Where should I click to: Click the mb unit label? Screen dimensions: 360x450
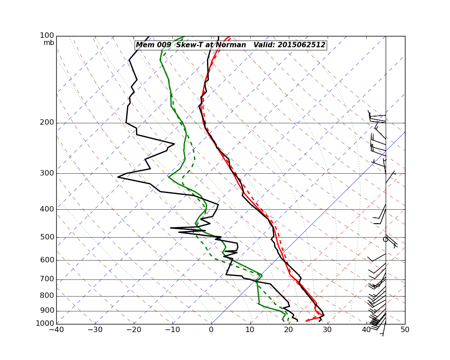[49, 43]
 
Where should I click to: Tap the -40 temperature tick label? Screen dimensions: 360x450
[56, 330]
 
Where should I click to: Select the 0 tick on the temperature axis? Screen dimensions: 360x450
[211, 330]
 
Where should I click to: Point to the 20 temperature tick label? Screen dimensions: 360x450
[289, 330]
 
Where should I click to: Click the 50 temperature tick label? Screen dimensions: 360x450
[405, 330]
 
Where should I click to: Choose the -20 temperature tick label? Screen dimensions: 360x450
[134, 330]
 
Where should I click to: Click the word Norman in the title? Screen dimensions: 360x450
[233, 45]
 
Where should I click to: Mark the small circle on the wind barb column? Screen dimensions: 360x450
[385, 239]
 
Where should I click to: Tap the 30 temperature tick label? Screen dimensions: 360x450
[328, 330]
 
